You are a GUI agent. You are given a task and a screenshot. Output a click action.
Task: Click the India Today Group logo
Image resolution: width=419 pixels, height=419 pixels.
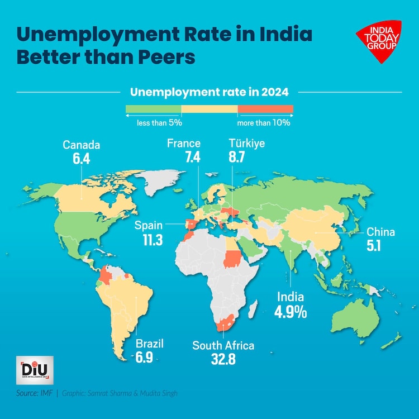[x=378, y=41]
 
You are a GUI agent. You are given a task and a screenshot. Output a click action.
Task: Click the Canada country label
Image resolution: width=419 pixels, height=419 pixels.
[x=81, y=145]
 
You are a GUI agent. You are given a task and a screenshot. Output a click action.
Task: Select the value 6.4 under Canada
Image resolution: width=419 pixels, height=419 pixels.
[x=81, y=159]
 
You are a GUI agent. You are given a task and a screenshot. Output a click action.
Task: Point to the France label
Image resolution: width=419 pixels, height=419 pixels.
[x=184, y=144]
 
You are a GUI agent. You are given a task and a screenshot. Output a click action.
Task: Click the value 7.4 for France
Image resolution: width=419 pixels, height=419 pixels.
[x=193, y=158]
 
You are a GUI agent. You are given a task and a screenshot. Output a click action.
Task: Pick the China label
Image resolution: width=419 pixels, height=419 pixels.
[x=380, y=232]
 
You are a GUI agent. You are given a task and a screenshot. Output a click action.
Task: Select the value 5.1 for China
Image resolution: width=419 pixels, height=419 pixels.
[x=374, y=246]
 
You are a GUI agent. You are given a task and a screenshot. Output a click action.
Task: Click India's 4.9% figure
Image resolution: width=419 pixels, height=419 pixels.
[x=290, y=312]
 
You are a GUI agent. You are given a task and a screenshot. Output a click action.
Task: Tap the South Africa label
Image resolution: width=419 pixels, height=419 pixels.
[x=223, y=345]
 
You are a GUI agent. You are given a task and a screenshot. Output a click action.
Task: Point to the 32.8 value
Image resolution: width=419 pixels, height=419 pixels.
[x=223, y=359]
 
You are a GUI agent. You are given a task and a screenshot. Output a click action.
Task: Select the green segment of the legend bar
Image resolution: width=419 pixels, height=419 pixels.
[x=153, y=108]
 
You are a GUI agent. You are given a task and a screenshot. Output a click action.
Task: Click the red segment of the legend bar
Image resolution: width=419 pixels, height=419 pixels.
[x=265, y=108]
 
